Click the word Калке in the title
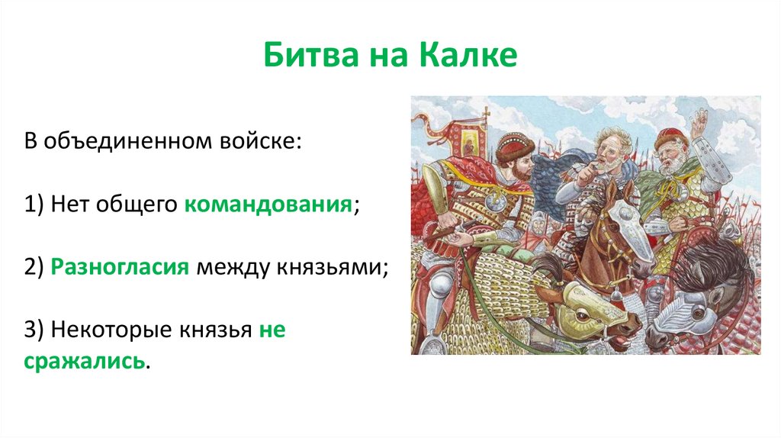tap(468, 54)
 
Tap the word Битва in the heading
tap(311, 54)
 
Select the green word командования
tap(268, 205)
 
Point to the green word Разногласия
tap(120, 268)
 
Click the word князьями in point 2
tap(329, 268)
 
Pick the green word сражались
tap(84, 361)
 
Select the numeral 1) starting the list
tap(34, 205)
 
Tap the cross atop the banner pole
tap(485, 111)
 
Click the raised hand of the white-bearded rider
tap(701, 121)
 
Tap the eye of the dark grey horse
tap(699, 312)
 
